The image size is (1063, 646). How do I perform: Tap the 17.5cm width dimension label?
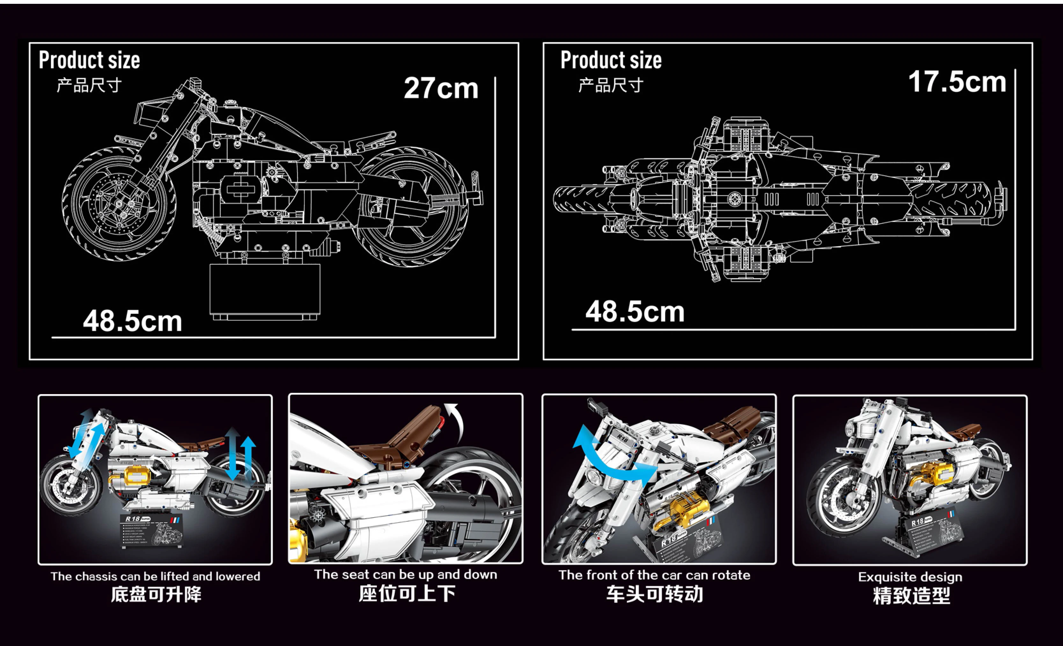coord(957,82)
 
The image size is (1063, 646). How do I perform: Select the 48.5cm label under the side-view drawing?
coord(132,321)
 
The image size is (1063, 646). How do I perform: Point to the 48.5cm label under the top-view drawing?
coord(634,312)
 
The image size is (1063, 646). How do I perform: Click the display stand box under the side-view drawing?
coord(265,290)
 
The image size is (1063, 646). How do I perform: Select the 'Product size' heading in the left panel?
coord(89,60)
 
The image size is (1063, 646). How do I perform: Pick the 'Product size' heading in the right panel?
coord(611,60)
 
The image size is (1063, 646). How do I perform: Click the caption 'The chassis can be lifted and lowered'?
coord(155,576)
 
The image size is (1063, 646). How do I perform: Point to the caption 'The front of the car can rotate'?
coord(654,575)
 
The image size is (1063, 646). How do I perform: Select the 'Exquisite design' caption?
coord(910,577)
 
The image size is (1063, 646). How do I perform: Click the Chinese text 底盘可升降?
coord(156,595)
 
